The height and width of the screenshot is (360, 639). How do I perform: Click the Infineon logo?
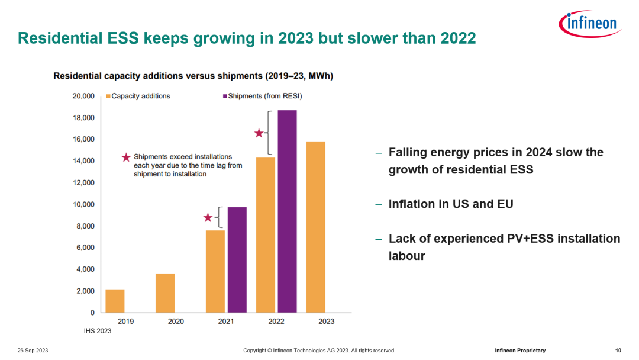(x=589, y=24)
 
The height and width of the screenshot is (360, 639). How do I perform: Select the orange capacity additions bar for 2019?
(x=115, y=301)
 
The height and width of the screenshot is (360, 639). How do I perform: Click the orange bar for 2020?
(x=165, y=293)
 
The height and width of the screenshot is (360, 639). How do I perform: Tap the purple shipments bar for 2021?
(x=237, y=259)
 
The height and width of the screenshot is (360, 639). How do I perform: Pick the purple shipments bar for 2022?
(x=287, y=211)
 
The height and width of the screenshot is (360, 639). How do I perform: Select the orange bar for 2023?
(x=315, y=227)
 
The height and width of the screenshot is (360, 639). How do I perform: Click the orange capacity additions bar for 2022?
(x=266, y=234)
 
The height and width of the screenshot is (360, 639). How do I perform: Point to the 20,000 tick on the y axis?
(x=83, y=96)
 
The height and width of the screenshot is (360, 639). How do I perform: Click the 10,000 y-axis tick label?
(x=83, y=204)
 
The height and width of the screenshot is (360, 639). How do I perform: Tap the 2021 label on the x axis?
(x=226, y=322)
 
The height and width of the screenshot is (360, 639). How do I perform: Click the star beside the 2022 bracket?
(x=259, y=133)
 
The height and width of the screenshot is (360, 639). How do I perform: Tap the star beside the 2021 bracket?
(x=208, y=217)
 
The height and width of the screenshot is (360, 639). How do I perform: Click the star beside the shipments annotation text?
(x=125, y=157)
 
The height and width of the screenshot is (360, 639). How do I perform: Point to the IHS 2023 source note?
(x=98, y=331)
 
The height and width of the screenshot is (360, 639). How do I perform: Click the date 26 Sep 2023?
(x=33, y=351)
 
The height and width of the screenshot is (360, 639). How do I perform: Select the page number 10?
(x=618, y=351)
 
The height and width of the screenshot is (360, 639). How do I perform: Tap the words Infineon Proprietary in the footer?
(x=520, y=351)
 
